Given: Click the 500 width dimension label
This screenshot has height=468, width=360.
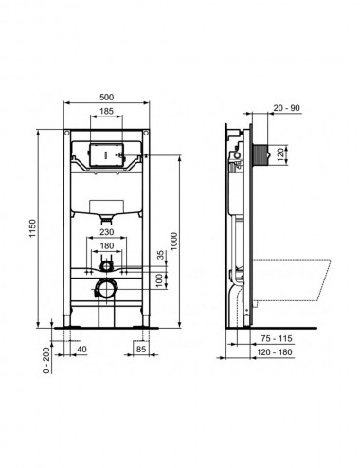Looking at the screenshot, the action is [x=106, y=98].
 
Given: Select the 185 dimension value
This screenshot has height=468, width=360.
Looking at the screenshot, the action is [x=106, y=111].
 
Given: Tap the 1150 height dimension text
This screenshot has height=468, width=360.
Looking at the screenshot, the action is [x=33, y=228].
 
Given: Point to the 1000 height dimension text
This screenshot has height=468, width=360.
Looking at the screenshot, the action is [x=174, y=242].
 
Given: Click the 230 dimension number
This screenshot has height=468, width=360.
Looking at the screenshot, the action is [x=107, y=232].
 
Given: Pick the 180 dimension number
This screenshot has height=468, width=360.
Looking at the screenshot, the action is [x=107, y=245].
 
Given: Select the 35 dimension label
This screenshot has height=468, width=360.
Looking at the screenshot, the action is [x=161, y=255].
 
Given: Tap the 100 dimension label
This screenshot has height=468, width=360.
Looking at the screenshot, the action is [x=161, y=280].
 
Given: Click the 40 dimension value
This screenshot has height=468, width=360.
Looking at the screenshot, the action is [x=81, y=350].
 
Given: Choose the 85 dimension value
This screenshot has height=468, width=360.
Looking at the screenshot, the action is [x=141, y=350].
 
